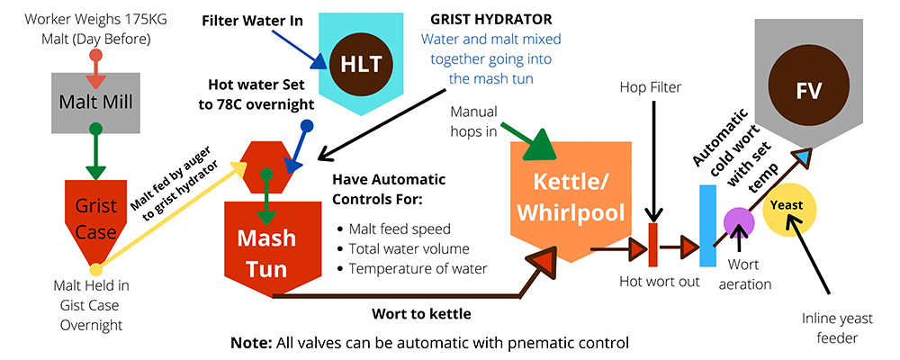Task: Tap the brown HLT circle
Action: (x=361, y=62)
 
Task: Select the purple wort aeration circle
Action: (x=739, y=220)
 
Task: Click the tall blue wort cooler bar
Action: (x=707, y=225)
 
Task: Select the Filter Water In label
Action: (x=251, y=19)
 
